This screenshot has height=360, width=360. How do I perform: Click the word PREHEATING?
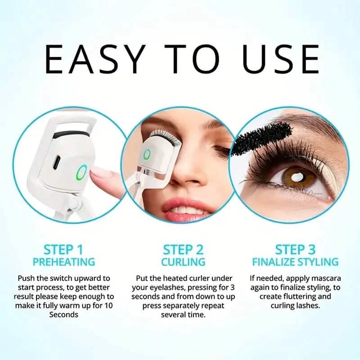63,261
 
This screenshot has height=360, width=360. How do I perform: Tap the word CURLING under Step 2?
183,261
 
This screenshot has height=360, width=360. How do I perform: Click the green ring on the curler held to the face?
147,154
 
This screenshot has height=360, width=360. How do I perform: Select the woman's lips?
189,208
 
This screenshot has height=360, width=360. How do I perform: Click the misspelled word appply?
299,279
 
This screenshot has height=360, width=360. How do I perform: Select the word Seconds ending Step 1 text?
63,315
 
